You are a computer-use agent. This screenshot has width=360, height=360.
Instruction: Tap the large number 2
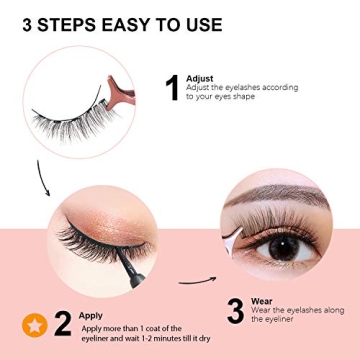pyautogui.click(x=62, y=322)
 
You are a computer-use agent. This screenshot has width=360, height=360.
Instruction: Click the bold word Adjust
pyautogui.click(x=199, y=78)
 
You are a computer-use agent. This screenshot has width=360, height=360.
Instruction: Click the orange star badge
pyautogui.click(x=33, y=324)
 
